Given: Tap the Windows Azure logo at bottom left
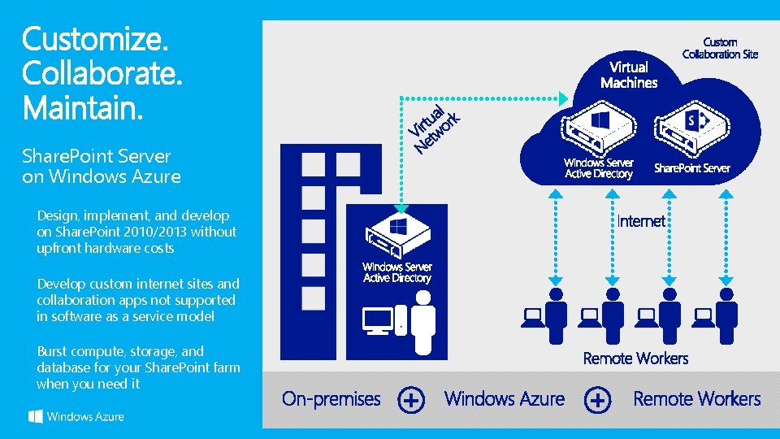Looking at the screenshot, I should pos(76,416).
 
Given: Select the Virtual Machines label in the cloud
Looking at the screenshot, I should pos(629,75).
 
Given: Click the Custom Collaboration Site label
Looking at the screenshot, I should pos(720,48).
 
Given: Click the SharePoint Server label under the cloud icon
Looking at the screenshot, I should pos(692,168).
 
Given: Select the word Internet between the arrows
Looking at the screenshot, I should pos(641,221).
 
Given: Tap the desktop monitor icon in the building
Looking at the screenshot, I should pos(379,320).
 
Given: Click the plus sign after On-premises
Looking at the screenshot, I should pos(411,400).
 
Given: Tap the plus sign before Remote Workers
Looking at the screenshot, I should pos(598,400).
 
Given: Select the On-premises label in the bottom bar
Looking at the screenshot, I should pos(331,399).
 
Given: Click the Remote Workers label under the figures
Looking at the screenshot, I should pos(635,359).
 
